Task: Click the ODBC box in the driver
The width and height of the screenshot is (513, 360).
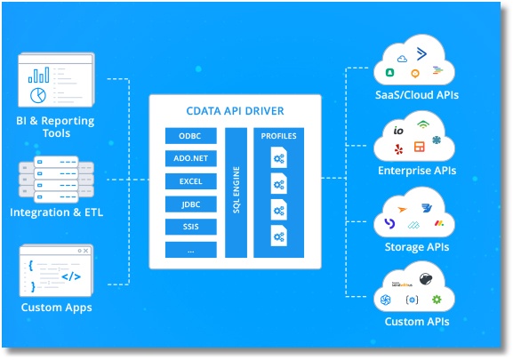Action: click(191, 136)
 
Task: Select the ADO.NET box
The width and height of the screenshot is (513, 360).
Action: click(191, 158)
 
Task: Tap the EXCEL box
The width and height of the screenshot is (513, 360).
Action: click(191, 181)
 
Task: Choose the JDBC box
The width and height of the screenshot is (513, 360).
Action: click(191, 204)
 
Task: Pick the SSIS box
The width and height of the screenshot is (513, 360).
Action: click(191, 227)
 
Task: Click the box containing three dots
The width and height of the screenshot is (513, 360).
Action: click(191, 250)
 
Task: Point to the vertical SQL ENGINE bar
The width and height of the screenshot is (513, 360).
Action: click(236, 193)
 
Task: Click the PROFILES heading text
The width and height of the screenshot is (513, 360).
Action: click(279, 136)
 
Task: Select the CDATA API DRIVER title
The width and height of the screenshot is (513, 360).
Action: click(235, 111)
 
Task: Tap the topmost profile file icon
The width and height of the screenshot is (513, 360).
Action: click(279, 157)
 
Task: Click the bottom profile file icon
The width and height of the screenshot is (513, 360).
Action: click(279, 236)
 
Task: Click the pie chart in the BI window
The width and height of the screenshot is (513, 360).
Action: click(38, 95)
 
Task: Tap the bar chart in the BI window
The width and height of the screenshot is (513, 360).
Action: click(38, 75)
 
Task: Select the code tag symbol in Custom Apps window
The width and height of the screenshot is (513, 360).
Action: click(71, 276)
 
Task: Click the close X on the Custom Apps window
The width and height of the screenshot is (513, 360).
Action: click(85, 251)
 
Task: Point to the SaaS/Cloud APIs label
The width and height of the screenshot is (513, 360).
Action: click(417, 95)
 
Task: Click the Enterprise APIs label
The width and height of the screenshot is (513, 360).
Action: click(417, 171)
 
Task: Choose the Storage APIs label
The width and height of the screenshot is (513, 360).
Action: click(417, 247)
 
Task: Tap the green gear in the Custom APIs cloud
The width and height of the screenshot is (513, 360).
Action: click(437, 300)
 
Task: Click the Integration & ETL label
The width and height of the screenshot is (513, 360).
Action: click(56, 212)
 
